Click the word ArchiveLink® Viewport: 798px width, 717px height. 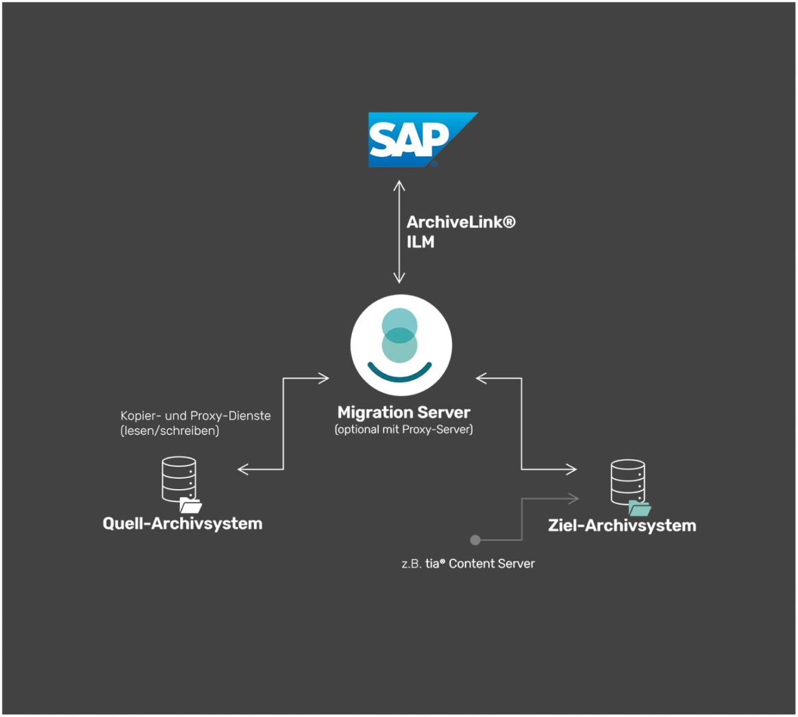point(460,223)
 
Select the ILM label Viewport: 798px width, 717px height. point(420,242)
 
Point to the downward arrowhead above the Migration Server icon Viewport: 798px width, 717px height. point(399,279)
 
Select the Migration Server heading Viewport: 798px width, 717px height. point(403,412)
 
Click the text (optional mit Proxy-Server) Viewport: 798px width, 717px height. point(403,430)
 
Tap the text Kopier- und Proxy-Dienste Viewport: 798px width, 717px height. point(195,416)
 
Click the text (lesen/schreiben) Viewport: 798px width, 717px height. point(169,431)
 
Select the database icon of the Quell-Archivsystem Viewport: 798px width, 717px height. point(179,479)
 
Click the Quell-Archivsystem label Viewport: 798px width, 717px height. point(182,524)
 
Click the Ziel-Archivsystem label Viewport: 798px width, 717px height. point(622,526)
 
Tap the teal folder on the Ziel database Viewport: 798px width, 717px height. point(640,508)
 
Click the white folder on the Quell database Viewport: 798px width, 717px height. point(190,506)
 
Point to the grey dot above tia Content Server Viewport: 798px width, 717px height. point(475,540)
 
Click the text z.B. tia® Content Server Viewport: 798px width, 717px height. point(469,564)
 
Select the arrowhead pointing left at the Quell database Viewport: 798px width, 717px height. point(242,469)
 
